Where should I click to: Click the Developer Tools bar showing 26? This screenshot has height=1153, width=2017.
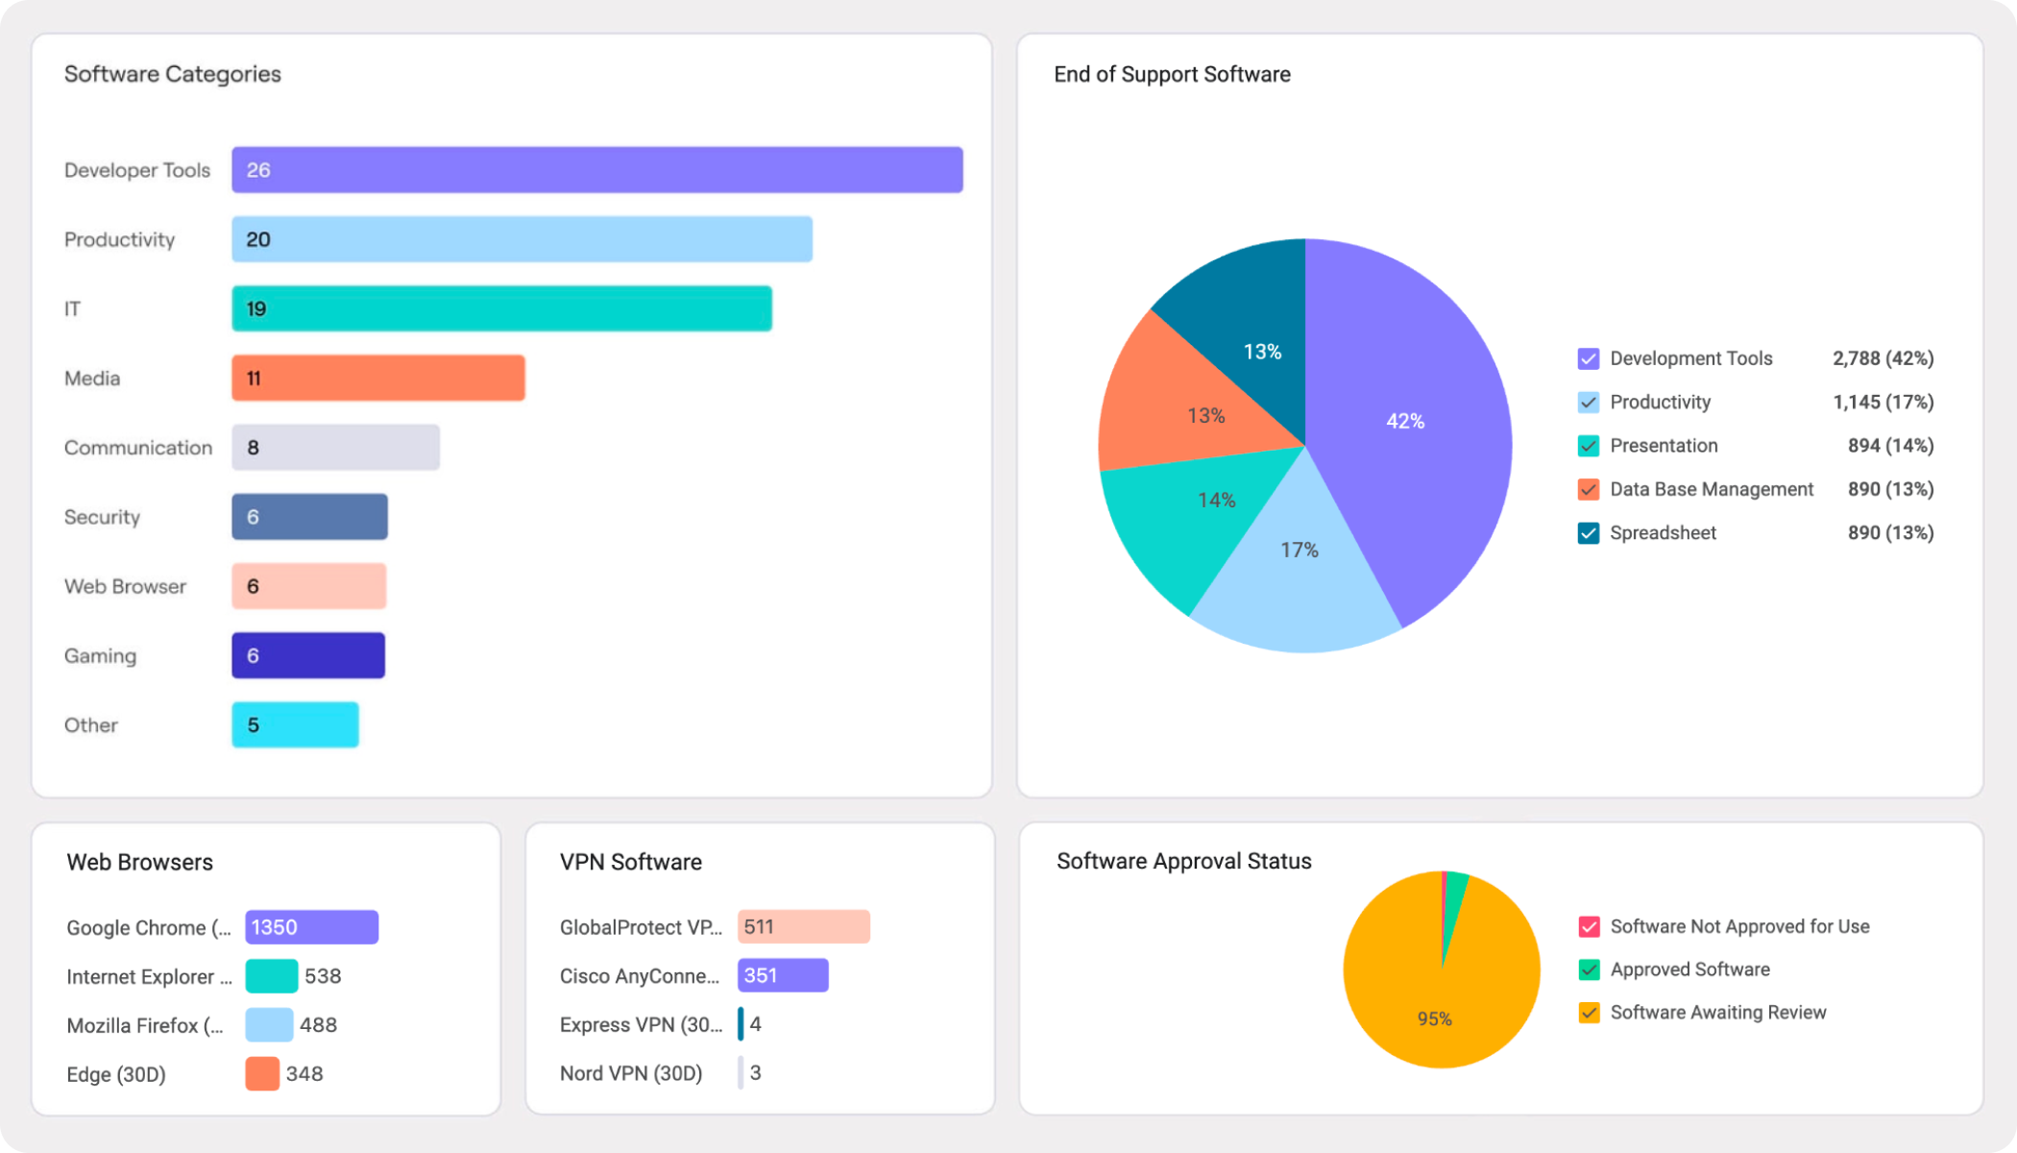click(x=596, y=170)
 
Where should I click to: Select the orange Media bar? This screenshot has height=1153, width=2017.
click(x=377, y=378)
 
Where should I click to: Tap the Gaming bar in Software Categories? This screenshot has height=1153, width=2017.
click(x=308, y=655)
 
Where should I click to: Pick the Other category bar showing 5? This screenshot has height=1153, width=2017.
click(x=295, y=724)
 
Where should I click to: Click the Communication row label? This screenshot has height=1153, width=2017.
click(x=138, y=448)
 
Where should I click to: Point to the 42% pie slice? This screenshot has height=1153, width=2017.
click(x=1404, y=421)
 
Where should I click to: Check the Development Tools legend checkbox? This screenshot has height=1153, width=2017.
click(x=1589, y=359)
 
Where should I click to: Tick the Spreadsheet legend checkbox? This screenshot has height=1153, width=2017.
click(x=1589, y=533)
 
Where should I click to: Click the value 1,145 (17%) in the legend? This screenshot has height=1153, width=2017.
click(x=1883, y=402)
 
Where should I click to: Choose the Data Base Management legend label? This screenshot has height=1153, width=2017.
click(x=1711, y=489)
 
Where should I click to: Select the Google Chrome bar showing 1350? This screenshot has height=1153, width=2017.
click(x=311, y=927)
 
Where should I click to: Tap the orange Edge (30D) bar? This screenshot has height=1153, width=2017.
click(x=262, y=1073)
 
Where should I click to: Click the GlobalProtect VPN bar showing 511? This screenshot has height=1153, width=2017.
click(x=803, y=926)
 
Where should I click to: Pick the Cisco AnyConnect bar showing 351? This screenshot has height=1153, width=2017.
click(x=783, y=975)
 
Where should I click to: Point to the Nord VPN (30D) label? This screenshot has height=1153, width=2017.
click(x=630, y=1073)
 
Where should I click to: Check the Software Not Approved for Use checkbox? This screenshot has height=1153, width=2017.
click(x=1589, y=927)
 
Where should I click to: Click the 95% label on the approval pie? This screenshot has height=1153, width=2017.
click(x=1434, y=1018)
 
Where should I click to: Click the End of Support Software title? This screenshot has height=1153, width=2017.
click(x=1172, y=74)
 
